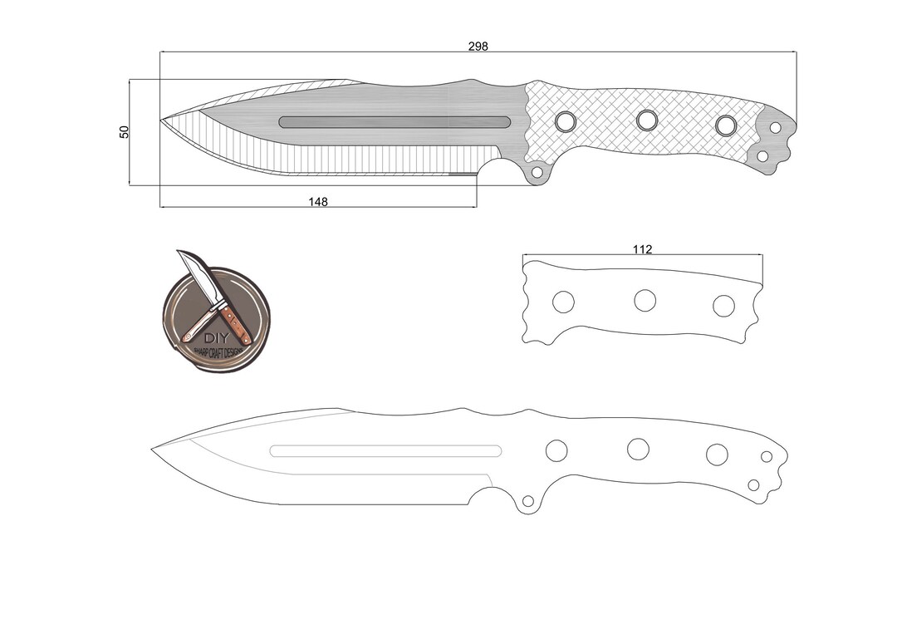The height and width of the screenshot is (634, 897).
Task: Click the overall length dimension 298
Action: click(x=478, y=47)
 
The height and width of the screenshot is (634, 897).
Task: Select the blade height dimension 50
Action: click(x=125, y=131)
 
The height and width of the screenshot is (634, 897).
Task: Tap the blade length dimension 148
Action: click(x=318, y=201)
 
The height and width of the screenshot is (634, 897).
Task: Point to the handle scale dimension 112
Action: click(x=642, y=249)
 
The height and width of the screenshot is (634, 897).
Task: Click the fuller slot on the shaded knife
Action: click(x=395, y=122)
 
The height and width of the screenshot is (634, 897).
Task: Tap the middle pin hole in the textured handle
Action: click(x=646, y=120)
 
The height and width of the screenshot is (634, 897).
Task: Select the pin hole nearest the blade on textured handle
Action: click(x=566, y=121)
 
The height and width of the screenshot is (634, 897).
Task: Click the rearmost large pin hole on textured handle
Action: click(x=726, y=125)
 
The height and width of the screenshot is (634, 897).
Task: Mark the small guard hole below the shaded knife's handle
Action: click(x=537, y=172)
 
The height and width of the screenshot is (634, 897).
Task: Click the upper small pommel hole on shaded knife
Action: click(x=775, y=128)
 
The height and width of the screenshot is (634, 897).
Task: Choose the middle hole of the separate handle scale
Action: click(x=645, y=301)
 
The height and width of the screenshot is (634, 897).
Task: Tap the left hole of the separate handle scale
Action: click(x=563, y=302)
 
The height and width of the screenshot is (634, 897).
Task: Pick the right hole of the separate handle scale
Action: click(x=723, y=305)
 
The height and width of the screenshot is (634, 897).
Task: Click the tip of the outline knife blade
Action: click(x=153, y=450)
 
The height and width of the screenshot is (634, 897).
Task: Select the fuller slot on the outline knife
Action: click(x=385, y=451)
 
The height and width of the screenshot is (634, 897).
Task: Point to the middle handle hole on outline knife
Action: click(x=638, y=449)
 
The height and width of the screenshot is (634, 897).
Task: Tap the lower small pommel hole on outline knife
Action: click(x=753, y=485)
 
